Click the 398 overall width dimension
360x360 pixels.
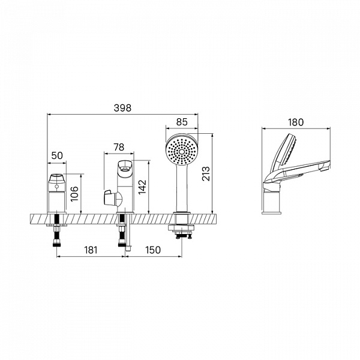[x=122, y=108]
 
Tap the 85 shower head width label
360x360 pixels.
[x=182, y=122]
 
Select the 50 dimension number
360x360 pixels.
[x=57, y=155]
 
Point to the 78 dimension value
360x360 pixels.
[x=119, y=147]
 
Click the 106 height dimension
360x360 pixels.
[x=74, y=194]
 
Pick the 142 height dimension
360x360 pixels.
[x=142, y=187]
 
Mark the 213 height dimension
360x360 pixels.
[x=206, y=173]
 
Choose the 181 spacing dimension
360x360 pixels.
[x=91, y=250]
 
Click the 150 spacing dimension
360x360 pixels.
[x=153, y=250]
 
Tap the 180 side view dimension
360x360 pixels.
[x=296, y=122]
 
